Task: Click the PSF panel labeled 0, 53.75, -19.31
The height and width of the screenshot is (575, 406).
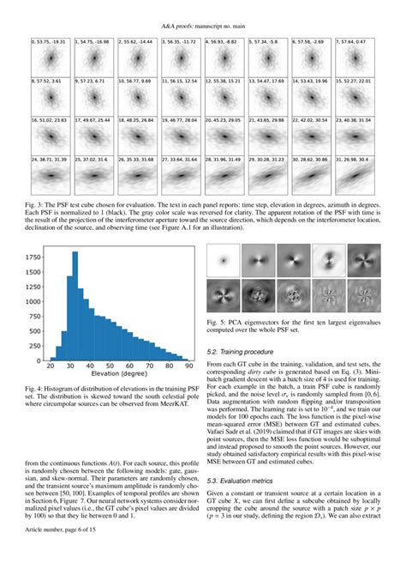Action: click(50, 58)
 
